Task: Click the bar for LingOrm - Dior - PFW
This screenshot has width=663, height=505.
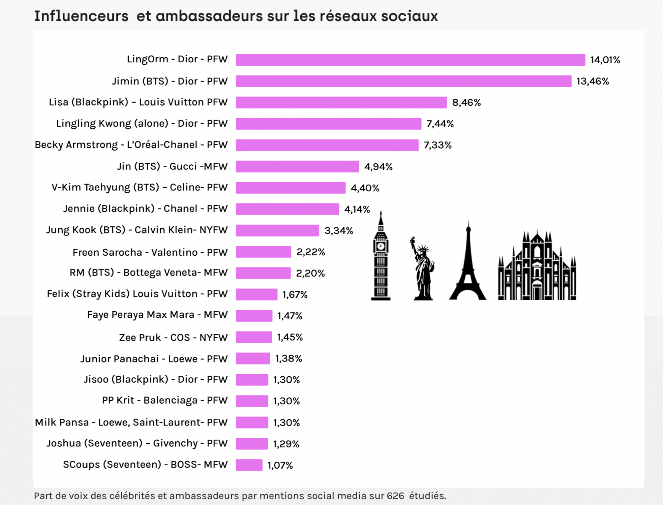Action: (410, 60)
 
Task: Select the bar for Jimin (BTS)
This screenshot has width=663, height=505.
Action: (403, 81)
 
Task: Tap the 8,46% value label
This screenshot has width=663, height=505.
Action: (466, 102)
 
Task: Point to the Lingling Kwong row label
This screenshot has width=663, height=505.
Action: (142, 124)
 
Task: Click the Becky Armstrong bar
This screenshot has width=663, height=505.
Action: (327, 145)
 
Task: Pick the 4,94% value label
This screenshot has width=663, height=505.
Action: (378, 167)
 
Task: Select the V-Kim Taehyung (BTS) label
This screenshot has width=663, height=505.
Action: (140, 188)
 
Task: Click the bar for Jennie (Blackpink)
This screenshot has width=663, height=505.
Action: (287, 209)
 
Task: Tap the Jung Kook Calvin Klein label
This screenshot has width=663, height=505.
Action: (137, 230)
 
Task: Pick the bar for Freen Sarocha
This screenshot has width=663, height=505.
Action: (263, 252)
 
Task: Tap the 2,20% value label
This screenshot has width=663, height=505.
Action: (310, 273)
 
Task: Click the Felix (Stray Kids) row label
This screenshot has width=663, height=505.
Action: (137, 294)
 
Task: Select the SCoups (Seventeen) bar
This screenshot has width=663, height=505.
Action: (249, 465)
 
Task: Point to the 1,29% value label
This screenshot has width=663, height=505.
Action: (286, 444)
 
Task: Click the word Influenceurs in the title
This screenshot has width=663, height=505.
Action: (81, 16)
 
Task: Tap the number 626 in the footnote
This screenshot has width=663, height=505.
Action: (395, 496)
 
